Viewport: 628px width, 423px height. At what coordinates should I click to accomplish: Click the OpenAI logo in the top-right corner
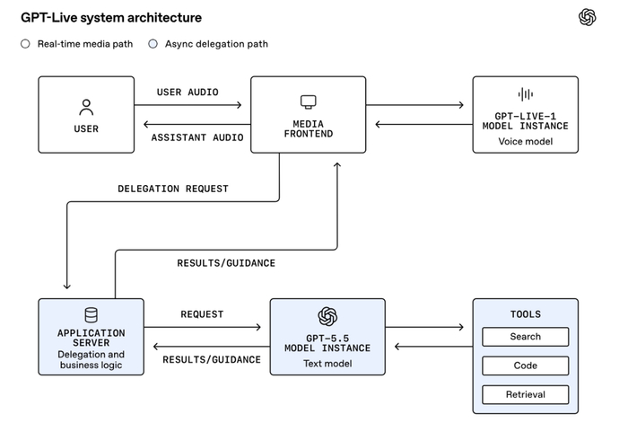[x=587, y=17]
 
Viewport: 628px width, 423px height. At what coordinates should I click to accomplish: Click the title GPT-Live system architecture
[x=111, y=18]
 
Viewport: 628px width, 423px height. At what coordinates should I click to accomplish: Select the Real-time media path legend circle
[x=25, y=44]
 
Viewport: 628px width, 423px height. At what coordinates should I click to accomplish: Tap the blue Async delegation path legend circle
[x=153, y=44]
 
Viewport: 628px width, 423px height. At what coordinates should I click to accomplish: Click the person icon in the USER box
[x=86, y=108]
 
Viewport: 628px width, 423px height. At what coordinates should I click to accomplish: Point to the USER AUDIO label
[x=188, y=93]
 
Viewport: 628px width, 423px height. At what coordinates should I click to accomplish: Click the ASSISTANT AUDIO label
[x=197, y=137]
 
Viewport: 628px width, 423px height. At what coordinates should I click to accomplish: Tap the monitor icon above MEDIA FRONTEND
[x=309, y=101]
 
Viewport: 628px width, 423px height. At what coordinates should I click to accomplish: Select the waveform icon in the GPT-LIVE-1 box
[x=526, y=94]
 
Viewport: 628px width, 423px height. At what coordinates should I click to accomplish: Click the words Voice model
[x=526, y=141]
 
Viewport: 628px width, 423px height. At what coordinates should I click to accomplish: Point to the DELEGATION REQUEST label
[x=173, y=189]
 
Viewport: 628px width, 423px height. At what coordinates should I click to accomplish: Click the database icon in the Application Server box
[x=91, y=315]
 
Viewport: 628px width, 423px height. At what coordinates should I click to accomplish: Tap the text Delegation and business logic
[x=91, y=359]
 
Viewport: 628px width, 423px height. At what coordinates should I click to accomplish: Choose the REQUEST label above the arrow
[x=202, y=314]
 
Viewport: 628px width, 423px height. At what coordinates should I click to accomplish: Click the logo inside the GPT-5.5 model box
[x=327, y=316]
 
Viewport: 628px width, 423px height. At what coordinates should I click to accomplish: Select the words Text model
[x=327, y=363]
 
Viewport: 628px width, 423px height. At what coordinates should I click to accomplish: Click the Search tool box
[x=526, y=337]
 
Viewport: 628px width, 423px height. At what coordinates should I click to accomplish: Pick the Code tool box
[x=526, y=366]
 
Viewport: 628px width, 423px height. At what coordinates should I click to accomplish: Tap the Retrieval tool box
[x=526, y=394]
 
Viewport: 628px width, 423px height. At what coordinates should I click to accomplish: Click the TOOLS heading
[x=526, y=314]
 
